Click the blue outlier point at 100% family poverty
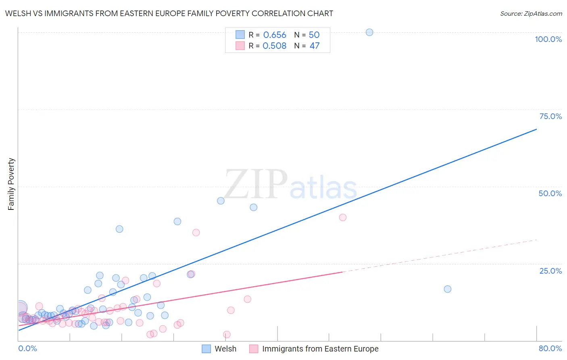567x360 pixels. click(369, 32)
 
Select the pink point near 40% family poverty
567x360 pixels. click(343, 217)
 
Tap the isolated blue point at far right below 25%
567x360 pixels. click(448, 289)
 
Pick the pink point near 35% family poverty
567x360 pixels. click(196, 232)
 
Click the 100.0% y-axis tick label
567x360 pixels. click(548, 39)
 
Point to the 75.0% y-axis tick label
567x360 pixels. click(550, 116)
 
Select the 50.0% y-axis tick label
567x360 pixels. click(550, 193)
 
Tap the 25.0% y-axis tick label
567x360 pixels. click(550, 270)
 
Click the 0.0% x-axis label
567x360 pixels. click(27, 348)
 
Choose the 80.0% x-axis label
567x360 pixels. click(550, 348)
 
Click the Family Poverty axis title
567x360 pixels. click(11, 184)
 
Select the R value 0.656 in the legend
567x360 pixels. click(275, 35)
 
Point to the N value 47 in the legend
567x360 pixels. click(315, 46)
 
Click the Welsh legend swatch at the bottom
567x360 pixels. click(206, 349)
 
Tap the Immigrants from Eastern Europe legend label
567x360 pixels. click(320, 349)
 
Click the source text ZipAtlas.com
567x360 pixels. click(542, 14)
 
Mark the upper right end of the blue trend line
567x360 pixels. click(536, 129)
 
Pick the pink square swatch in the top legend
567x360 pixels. click(240, 46)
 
